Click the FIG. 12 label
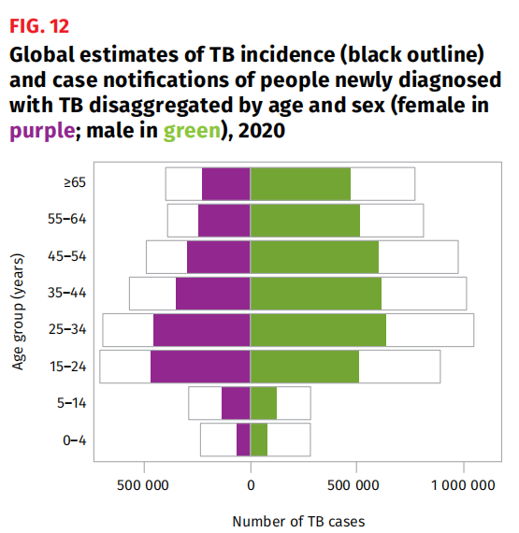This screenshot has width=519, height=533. [x=39, y=26]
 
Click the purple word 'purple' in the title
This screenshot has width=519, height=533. [x=42, y=131]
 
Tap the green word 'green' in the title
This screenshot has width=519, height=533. [x=192, y=131]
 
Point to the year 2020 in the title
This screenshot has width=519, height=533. [x=261, y=131]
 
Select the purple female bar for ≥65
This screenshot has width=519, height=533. [x=226, y=184]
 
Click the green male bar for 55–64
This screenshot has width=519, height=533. [x=305, y=221]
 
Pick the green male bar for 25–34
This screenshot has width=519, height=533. [x=318, y=330]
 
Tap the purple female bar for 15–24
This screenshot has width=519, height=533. [x=200, y=367]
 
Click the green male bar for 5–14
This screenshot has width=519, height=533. [x=264, y=403]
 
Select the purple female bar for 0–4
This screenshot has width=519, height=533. [x=243, y=439]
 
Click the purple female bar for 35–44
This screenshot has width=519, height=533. [x=213, y=294]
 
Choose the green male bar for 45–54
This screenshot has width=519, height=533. [x=314, y=257]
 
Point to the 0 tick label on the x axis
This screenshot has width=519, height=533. [x=251, y=485]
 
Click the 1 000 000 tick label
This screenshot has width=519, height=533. [x=463, y=485]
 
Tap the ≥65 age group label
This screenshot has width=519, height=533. [x=75, y=182]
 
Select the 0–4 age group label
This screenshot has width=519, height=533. [x=75, y=440]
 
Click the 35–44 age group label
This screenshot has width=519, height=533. [x=67, y=293]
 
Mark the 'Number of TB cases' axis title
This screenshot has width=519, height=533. [x=298, y=522]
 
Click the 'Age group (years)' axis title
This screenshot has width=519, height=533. [x=18, y=311]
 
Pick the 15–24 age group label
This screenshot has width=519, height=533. [x=67, y=367]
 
